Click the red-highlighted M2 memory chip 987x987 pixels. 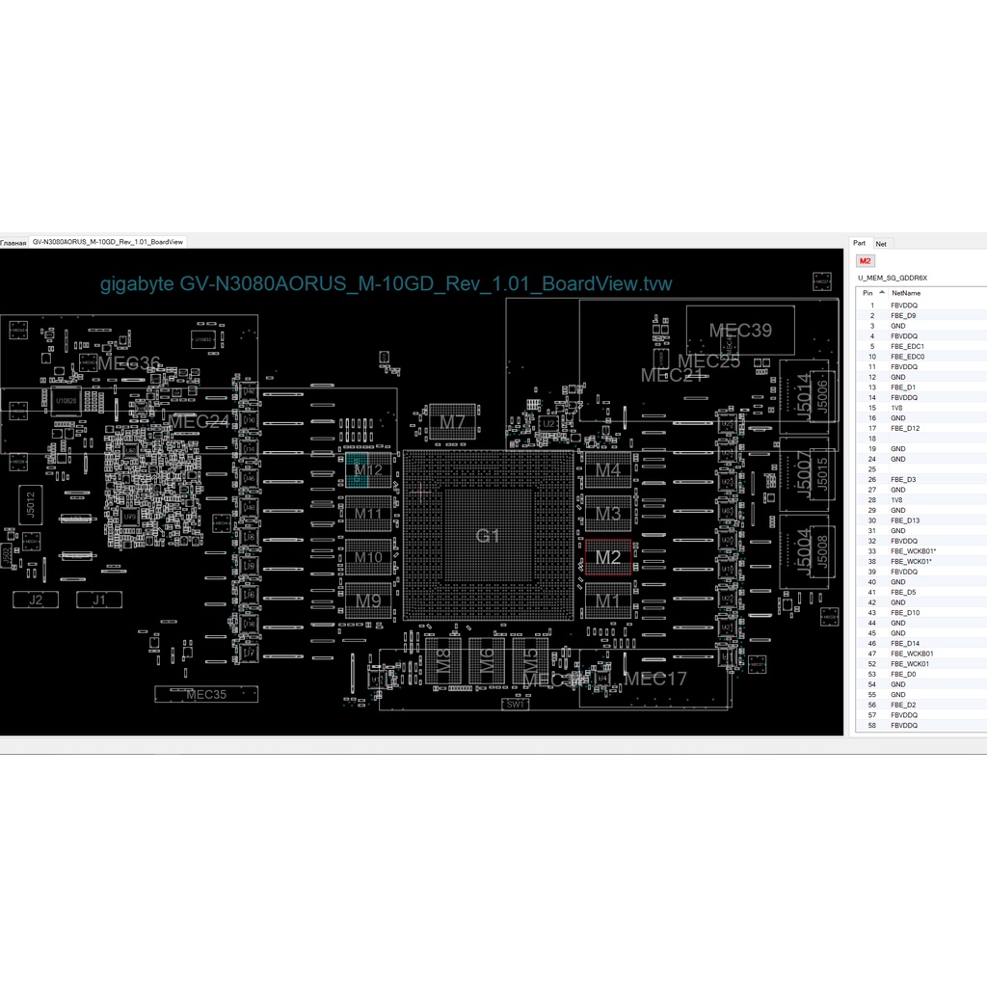(x=608, y=557)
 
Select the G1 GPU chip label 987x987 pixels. (x=489, y=535)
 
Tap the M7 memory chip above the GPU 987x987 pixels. (x=453, y=422)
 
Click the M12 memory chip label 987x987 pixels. (x=368, y=471)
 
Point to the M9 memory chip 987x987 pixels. (x=368, y=601)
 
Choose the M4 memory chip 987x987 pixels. (x=608, y=470)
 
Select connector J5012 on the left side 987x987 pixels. (x=31, y=504)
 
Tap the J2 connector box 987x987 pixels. (x=36, y=600)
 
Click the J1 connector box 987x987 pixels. (x=99, y=600)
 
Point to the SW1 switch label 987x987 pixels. (x=517, y=705)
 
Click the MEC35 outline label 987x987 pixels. (x=205, y=694)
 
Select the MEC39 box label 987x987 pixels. (x=740, y=331)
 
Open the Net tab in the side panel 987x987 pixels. (x=881, y=244)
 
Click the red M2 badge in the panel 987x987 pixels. (x=866, y=261)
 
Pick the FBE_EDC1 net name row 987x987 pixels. (x=908, y=346)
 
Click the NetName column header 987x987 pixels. (x=906, y=292)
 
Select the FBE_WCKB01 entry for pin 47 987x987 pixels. (x=911, y=654)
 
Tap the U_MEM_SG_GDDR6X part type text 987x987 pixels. (x=892, y=278)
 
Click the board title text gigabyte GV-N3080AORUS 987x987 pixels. (x=386, y=283)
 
